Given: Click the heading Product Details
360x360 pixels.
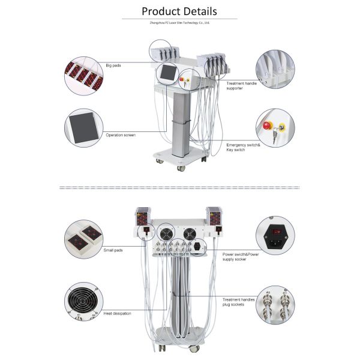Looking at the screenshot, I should (179, 11).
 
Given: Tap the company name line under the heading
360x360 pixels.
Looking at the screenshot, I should (179, 23).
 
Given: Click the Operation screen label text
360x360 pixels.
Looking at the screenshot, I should (121, 135).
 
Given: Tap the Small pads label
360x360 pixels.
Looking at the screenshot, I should (113, 250).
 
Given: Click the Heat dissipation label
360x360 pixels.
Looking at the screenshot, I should (118, 313).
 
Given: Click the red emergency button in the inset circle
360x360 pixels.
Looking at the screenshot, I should (266, 126).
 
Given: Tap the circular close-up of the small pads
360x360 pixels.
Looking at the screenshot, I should (84, 239).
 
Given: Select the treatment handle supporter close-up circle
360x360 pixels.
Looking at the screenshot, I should (275, 70).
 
